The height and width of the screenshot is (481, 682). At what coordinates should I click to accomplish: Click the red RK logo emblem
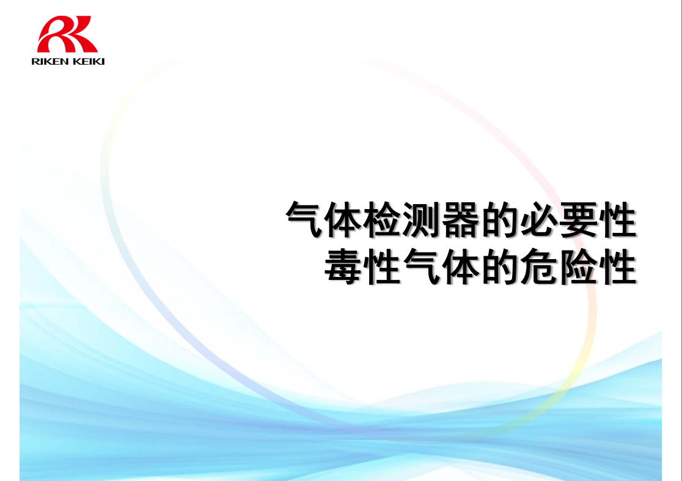67,34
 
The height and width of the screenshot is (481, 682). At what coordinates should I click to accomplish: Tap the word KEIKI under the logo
88,62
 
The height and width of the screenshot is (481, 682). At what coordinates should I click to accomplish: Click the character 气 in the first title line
304,219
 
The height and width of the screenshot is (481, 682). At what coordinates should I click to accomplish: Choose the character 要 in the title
578,219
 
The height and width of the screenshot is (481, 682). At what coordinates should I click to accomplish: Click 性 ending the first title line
618,219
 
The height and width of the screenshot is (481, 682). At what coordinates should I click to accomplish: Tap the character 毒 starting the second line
343,266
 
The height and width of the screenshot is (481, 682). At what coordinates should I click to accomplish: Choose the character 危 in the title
539,266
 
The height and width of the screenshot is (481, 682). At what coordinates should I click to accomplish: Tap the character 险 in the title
578,266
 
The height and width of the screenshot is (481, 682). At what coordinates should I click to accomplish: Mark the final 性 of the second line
618,266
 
